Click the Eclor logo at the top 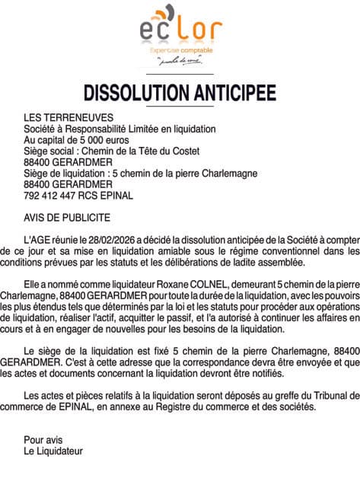180,27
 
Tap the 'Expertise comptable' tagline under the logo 180,50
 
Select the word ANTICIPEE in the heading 228,92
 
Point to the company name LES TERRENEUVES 68,118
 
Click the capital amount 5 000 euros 100,140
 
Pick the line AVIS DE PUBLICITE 67,217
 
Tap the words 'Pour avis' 44,439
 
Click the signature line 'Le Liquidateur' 53,451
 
